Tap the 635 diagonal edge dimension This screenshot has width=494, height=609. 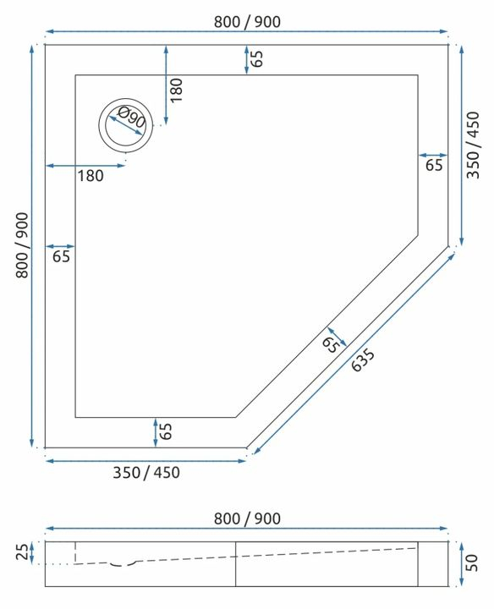(364, 361)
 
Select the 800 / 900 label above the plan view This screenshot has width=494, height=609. (247, 21)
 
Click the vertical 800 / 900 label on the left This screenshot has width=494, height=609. (23, 245)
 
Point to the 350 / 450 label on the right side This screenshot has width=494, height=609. (473, 145)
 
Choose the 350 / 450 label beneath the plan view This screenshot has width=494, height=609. (145, 472)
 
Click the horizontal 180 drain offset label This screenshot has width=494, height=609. (90, 176)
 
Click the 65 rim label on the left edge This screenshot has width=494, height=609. (61, 256)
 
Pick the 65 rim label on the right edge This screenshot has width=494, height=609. (434, 166)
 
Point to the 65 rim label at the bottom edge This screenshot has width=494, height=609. (167, 431)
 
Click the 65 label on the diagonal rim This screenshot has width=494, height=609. (331, 343)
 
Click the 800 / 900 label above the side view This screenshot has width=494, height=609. (247, 518)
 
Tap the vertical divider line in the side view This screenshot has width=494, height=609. (234, 563)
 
